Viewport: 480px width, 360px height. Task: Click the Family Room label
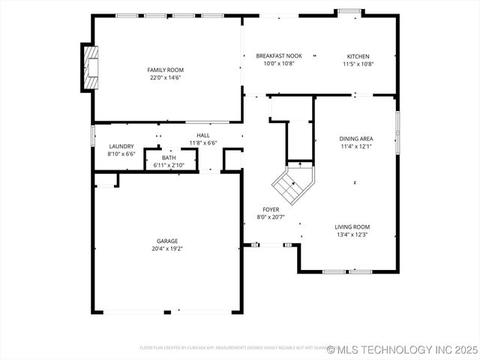coord(164,70)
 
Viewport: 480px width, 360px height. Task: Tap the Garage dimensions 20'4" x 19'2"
coord(167,248)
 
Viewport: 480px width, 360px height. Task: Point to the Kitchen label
coord(358,56)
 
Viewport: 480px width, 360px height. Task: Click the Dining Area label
coord(356,139)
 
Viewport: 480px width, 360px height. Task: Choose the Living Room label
coord(352,226)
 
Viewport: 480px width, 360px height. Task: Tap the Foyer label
coord(271,210)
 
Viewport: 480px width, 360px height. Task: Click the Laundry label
coord(121,146)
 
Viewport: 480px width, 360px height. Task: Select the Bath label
coord(169,157)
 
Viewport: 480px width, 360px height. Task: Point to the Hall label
coord(202,135)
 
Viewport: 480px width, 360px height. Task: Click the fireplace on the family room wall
coord(90,67)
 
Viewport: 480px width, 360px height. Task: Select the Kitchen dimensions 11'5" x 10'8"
coord(358,64)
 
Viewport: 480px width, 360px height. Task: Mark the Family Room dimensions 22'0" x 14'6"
coord(164,77)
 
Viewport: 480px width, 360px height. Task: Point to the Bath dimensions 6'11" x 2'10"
coord(169,165)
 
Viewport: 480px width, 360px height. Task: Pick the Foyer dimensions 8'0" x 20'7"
coord(271,217)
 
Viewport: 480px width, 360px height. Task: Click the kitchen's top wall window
coord(349,11)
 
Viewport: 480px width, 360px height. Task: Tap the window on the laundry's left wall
coord(92,136)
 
